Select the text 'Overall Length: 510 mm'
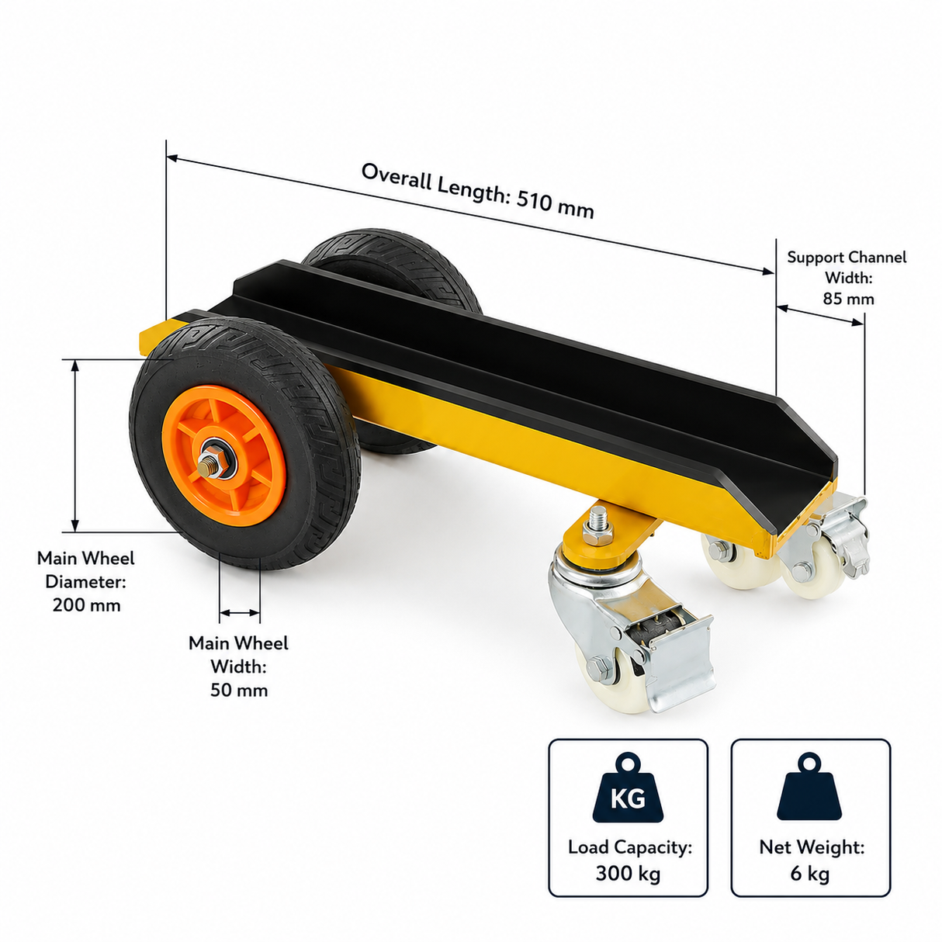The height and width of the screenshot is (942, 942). click(478, 191)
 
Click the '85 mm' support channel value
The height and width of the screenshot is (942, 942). click(848, 299)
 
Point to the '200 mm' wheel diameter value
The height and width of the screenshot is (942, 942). click(87, 605)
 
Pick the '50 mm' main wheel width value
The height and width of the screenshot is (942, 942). click(239, 691)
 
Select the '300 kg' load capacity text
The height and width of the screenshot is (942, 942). click(629, 873)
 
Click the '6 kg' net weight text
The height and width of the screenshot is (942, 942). click(810, 873)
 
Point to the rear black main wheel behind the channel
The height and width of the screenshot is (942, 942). click(391, 274)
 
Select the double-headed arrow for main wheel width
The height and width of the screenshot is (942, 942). click(240, 612)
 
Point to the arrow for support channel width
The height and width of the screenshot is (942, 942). click(820, 315)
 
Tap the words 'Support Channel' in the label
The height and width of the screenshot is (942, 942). click(847, 257)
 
